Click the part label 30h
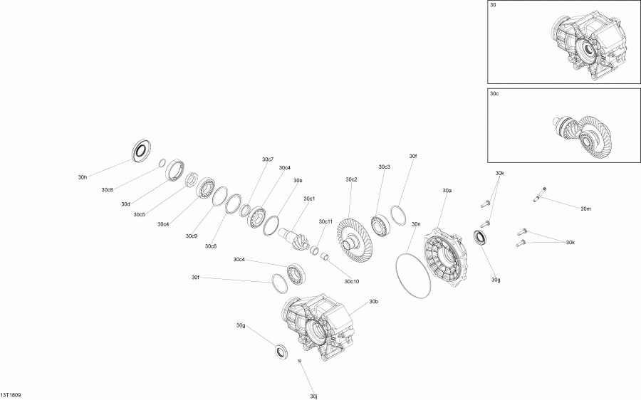point(83,177)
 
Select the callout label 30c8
point(107,190)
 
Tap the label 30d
point(125,204)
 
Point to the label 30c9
point(192,236)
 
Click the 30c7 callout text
point(268,159)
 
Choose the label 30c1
point(309,199)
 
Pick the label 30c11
point(325,221)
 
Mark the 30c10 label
point(352,281)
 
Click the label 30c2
point(351,179)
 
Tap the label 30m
point(585,209)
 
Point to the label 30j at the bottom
point(313,396)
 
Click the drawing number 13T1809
point(11,394)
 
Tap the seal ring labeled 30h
point(142,151)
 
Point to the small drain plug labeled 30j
point(301,362)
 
